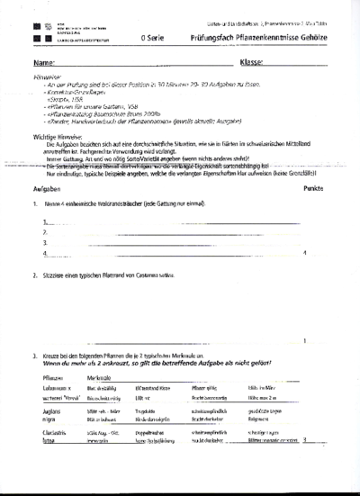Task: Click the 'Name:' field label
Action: [x=42, y=65]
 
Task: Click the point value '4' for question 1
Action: [x=306, y=254]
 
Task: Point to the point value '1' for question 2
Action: [x=306, y=340]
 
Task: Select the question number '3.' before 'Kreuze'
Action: [x=34, y=357]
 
